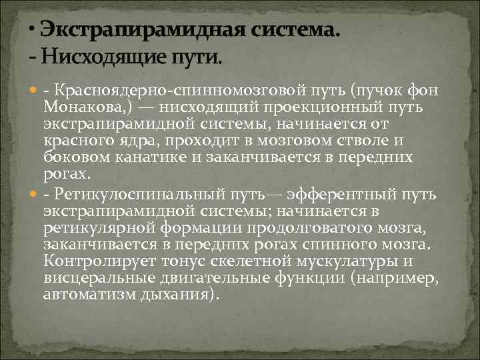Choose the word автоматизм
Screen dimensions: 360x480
[86, 294]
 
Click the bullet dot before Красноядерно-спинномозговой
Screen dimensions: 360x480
[34, 91]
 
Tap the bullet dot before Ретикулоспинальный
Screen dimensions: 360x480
[34, 195]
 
